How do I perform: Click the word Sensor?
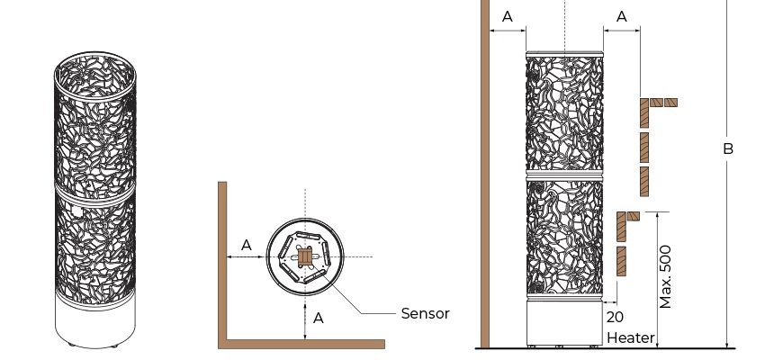pyautogui.click(x=425, y=314)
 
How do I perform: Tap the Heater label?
pyautogui.click(x=631, y=338)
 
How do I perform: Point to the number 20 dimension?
pyautogui.click(x=615, y=318)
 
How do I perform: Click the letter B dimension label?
pyautogui.click(x=728, y=148)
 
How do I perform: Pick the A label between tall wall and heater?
pyautogui.click(x=507, y=16)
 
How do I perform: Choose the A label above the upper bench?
pyautogui.click(x=622, y=16)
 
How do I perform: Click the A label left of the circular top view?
pyautogui.click(x=246, y=245)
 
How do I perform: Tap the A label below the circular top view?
pyautogui.click(x=318, y=317)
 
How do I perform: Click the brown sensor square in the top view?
pyautogui.click(x=305, y=257)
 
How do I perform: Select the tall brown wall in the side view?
pyautogui.click(x=485, y=180)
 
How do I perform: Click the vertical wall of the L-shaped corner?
pyautogui.click(x=222, y=261)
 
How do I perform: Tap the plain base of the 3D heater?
pyautogui.click(x=94, y=324)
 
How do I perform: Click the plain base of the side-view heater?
pyautogui.click(x=563, y=324)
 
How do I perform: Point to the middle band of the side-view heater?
pyautogui.click(x=563, y=175)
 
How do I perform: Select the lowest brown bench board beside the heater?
pyautogui.click(x=621, y=261)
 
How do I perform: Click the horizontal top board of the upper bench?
pyautogui.click(x=663, y=103)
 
